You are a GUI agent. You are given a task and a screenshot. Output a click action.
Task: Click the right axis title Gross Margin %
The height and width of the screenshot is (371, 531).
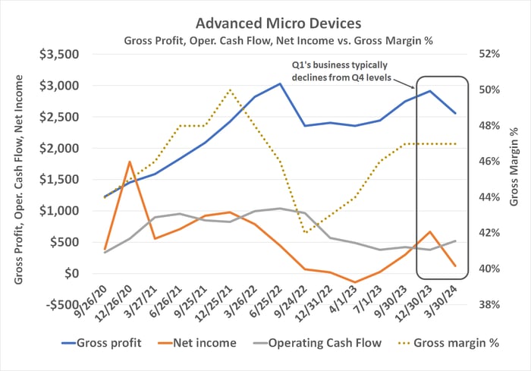pos(517,179)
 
